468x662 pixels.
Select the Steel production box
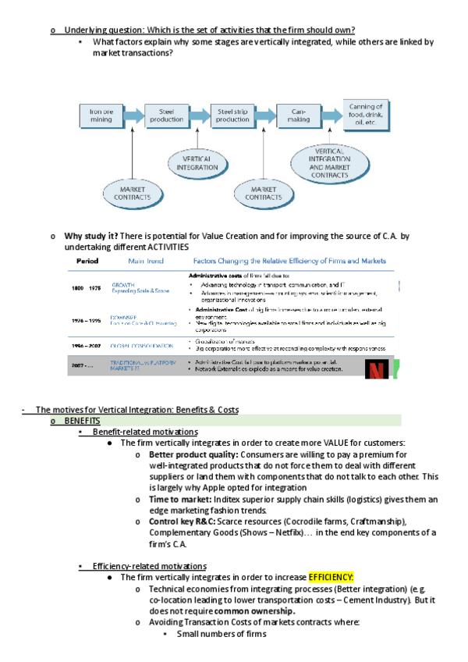tap(166, 116)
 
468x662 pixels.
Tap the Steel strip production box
tap(233, 116)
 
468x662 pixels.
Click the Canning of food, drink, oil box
tap(365, 115)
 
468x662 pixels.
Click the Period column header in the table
tap(87, 262)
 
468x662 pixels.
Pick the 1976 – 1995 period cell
tap(86, 320)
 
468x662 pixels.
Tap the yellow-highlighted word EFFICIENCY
tap(331, 577)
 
